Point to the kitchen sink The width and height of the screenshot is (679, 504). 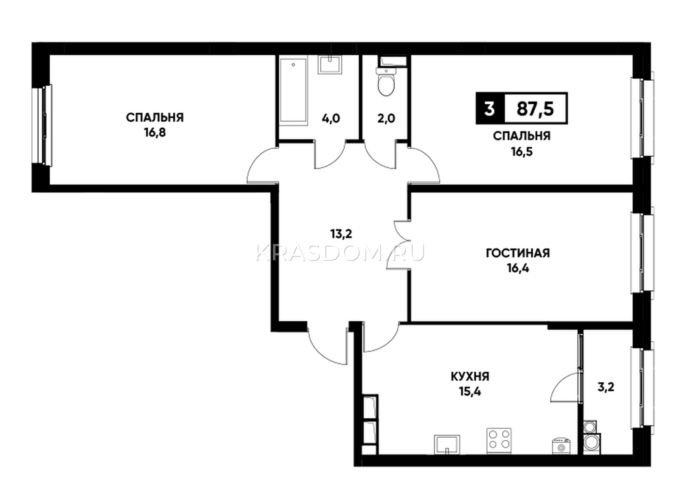click(446, 445)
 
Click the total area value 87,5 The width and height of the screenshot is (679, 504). click(536, 108)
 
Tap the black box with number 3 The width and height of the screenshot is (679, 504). click(489, 108)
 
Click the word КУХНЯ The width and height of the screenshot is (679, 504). click(470, 377)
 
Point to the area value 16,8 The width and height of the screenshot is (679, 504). click(155, 133)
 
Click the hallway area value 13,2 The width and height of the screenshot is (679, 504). click(341, 234)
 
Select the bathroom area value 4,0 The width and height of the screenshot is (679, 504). click(331, 118)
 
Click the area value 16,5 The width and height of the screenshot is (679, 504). click(522, 151)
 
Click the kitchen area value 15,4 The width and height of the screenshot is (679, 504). click(470, 392)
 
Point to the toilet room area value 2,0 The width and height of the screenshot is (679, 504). click(386, 118)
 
